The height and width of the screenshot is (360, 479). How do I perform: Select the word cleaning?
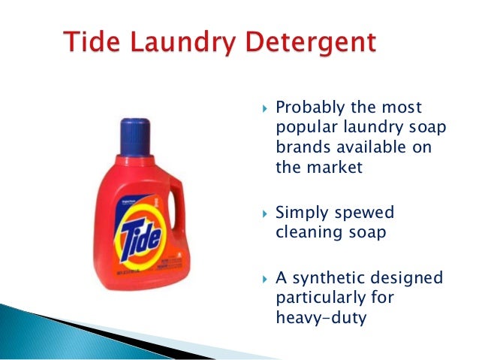click(x=308, y=233)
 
